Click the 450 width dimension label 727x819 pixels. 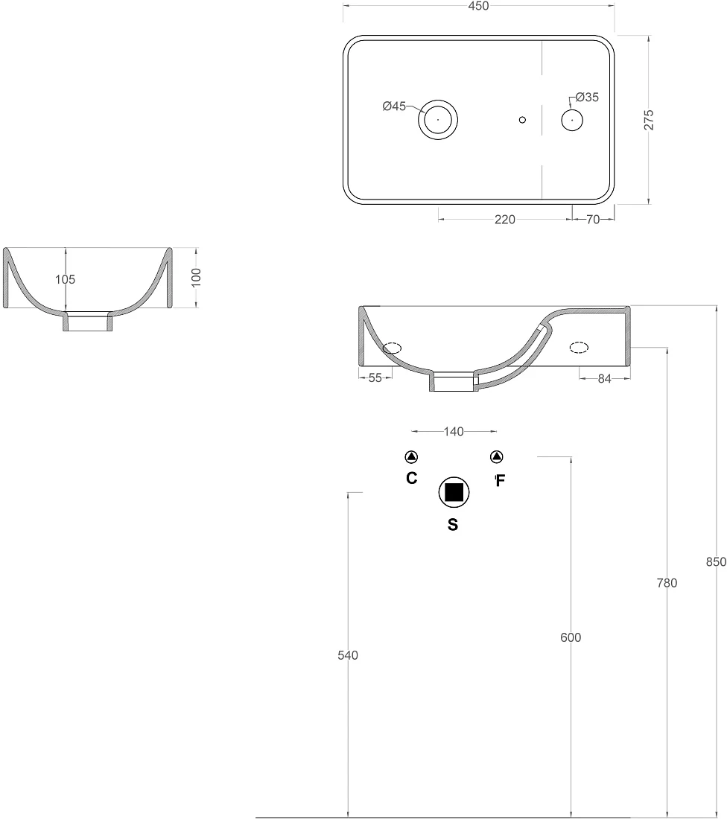coord(478,6)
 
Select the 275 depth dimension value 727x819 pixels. coord(649,120)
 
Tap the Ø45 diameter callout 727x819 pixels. coord(394,106)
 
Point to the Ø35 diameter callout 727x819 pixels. coord(587,97)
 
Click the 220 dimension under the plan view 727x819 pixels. coord(505,220)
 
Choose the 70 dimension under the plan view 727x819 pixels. coord(593,220)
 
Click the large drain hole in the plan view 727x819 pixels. coord(438,119)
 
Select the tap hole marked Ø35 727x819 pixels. coord(572,120)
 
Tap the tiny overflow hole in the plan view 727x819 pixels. coord(522,120)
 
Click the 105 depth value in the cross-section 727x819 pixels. coord(66,279)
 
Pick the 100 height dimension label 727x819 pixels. coord(196,278)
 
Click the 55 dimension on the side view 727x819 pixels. coord(375,377)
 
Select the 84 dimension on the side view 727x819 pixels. coord(604,378)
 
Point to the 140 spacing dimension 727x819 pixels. coord(454,431)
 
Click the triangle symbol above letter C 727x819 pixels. coord(411,457)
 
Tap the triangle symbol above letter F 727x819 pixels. coord(497,457)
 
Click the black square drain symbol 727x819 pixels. coord(454,492)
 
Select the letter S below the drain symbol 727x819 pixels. coord(453,524)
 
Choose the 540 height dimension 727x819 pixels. coord(348,655)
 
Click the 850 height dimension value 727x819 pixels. coord(716,561)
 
